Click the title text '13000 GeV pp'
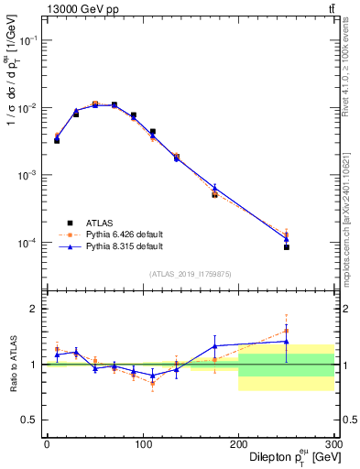coord(75,9)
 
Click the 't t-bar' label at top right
coord(330,9)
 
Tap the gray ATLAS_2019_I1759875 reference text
coord(190,273)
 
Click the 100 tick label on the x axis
coord(142,442)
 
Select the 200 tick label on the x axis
coord(238,442)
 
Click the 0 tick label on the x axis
coord(47,442)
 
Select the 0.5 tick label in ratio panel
coord(31,420)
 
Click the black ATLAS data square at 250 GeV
coord(287,247)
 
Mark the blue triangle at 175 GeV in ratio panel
coord(214,345)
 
